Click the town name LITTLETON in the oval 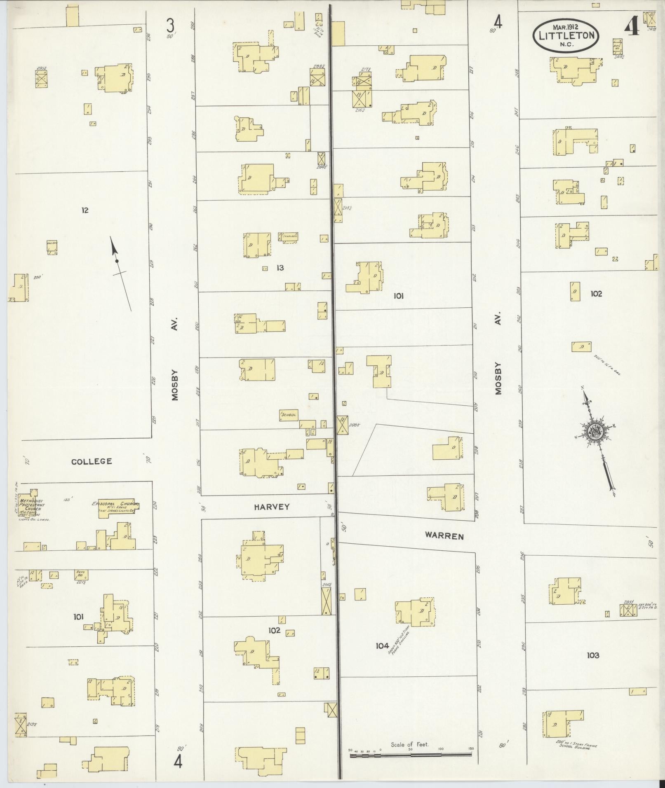566,35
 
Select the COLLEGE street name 92,461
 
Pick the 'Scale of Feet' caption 410,744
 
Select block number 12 85,210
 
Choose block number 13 280,268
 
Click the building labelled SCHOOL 288,415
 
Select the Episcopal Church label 115,504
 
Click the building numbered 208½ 342,425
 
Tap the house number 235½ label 628,602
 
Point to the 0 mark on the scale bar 380,751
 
